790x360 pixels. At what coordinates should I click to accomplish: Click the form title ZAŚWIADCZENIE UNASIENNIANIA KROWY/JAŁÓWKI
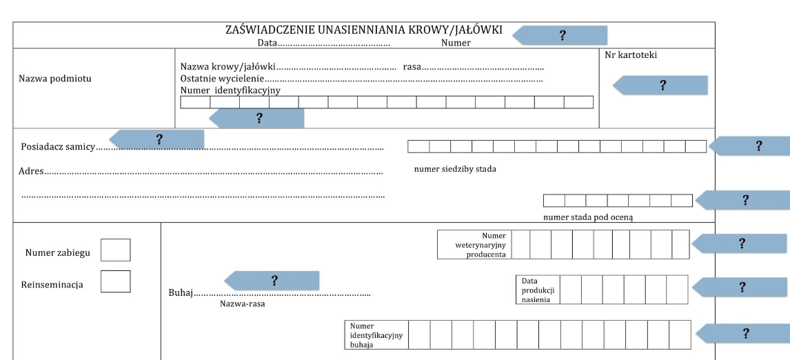364,30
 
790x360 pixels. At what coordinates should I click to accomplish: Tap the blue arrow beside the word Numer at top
560,36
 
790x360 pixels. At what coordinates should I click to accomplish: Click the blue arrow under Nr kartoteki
661,86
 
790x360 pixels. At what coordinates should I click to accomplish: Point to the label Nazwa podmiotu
55,78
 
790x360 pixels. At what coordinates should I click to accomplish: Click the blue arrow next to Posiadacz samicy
158,139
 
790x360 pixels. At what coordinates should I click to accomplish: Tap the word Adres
31,170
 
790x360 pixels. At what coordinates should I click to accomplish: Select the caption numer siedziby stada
455,169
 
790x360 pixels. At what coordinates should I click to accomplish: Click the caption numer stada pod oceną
588,217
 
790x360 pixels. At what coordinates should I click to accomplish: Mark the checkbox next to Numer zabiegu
115,250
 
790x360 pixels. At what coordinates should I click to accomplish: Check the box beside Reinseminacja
115,281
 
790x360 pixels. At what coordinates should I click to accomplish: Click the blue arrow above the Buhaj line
273,281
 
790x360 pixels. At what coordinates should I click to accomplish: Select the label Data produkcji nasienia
538,290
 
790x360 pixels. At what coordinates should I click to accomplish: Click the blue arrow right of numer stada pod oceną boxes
743,200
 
